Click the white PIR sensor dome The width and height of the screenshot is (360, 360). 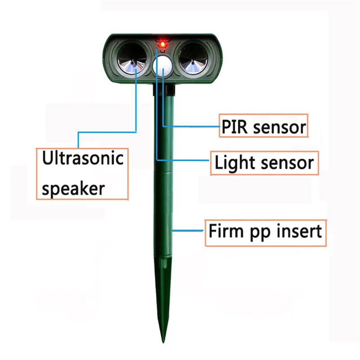pos(162,66)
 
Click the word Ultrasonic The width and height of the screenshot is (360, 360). pos(82,159)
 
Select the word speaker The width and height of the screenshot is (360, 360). pos(73,188)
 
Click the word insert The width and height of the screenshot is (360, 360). pos(300,232)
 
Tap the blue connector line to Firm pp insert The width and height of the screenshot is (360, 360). pos(189,230)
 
